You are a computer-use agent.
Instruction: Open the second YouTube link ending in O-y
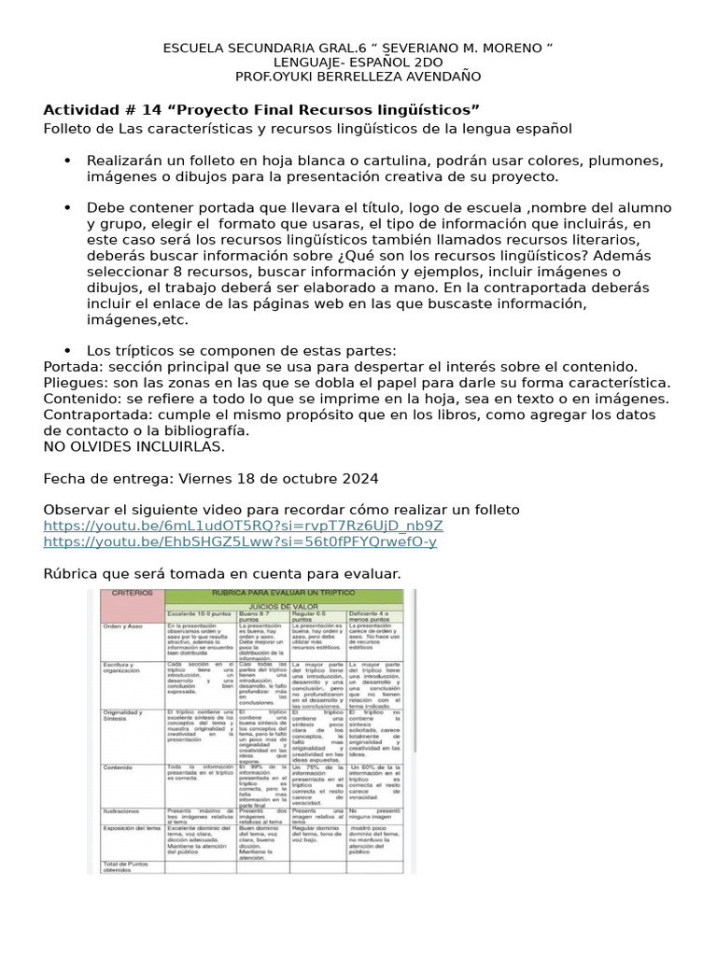coord(240,541)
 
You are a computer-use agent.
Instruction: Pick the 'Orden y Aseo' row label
coord(123,625)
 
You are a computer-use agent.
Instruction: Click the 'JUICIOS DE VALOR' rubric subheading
coord(285,605)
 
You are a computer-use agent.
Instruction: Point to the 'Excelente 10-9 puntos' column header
coord(200,614)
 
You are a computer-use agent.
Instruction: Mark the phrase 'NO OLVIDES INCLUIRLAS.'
coord(134,447)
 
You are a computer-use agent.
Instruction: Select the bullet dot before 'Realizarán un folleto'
coord(67,160)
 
